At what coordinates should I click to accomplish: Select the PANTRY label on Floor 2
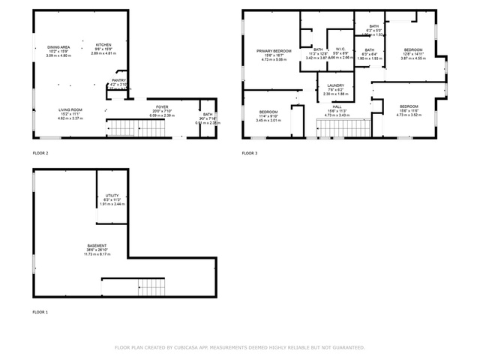point(118,80)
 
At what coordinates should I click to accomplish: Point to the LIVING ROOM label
point(70,109)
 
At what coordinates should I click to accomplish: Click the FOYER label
point(162,107)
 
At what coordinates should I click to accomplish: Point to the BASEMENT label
point(96,246)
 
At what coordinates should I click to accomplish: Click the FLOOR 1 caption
point(40,311)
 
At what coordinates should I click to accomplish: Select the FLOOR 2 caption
point(40,153)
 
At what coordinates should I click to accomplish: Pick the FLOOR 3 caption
point(249,153)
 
